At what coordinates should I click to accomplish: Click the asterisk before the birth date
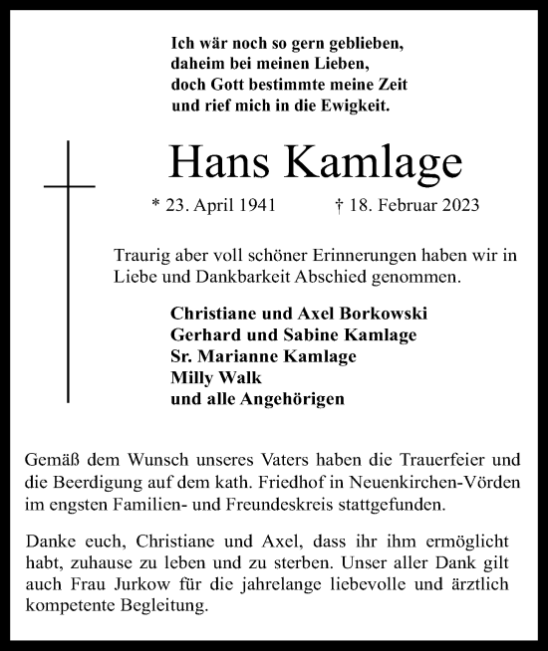154,206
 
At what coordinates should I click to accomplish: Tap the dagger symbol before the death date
340,207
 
